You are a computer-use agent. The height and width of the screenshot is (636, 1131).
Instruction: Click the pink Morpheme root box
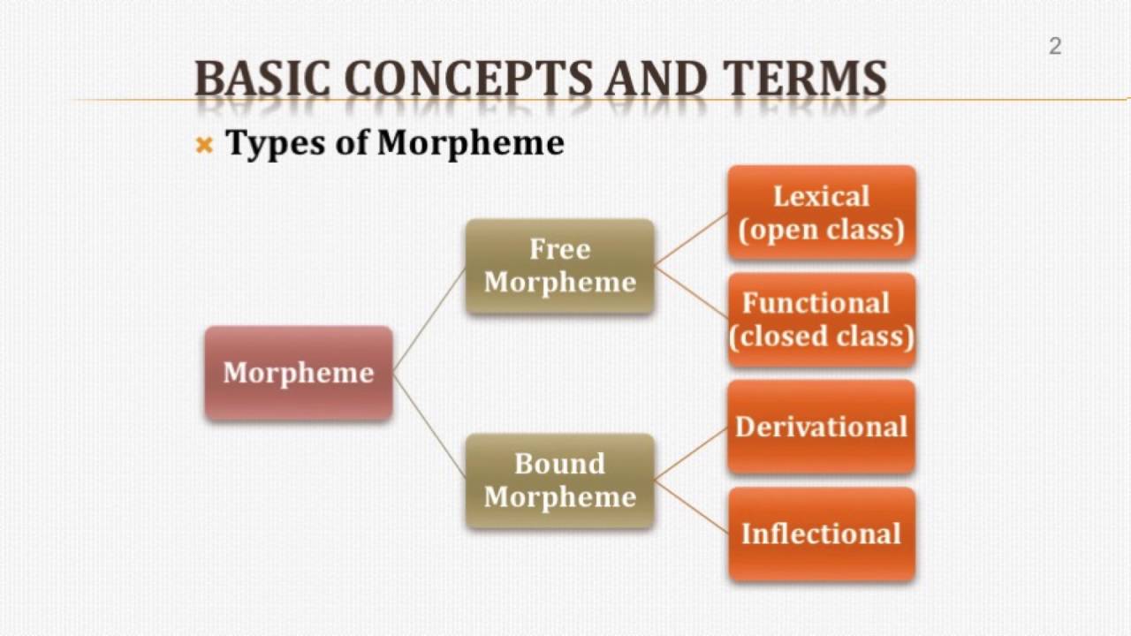299,372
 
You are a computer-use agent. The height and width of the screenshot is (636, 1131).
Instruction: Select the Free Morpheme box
559,266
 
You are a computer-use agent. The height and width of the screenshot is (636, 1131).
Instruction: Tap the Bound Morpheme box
559,480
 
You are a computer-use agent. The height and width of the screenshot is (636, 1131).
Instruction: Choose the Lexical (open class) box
821,213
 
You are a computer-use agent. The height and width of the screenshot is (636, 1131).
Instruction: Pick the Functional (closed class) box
821,320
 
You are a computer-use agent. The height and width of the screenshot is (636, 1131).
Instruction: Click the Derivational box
821,427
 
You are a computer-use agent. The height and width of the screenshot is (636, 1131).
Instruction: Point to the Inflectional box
821,534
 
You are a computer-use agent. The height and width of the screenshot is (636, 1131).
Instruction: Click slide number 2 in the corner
1054,47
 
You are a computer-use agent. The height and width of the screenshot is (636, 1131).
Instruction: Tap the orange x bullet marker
204,145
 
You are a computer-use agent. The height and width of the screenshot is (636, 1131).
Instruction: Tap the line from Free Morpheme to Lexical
692,239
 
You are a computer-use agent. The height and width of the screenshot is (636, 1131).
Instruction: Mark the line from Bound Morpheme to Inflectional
692,507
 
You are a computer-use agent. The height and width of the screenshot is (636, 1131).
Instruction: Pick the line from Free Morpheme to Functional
692,292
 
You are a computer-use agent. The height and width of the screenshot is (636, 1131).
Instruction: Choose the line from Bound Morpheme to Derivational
692,453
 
